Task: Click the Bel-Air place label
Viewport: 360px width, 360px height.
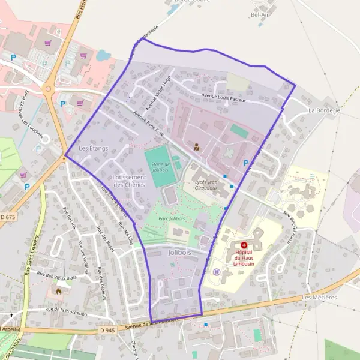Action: pyautogui.click(x=260, y=14)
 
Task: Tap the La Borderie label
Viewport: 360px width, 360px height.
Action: pyautogui.click(x=324, y=111)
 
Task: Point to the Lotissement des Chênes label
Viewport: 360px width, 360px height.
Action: pyautogui.click(x=130, y=181)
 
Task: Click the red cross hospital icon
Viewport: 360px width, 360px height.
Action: pyautogui.click(x=244, y=245)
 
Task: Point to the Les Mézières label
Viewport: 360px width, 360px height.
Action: pyautogui.click(x=320, y=297)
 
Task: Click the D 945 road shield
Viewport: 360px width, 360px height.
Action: pyautogui.click(x=107, y=331)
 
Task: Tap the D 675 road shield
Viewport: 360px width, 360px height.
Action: pyautogui.click(x=7, y=216)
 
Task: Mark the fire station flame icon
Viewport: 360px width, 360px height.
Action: pyautogui.click(x=59, y=291)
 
